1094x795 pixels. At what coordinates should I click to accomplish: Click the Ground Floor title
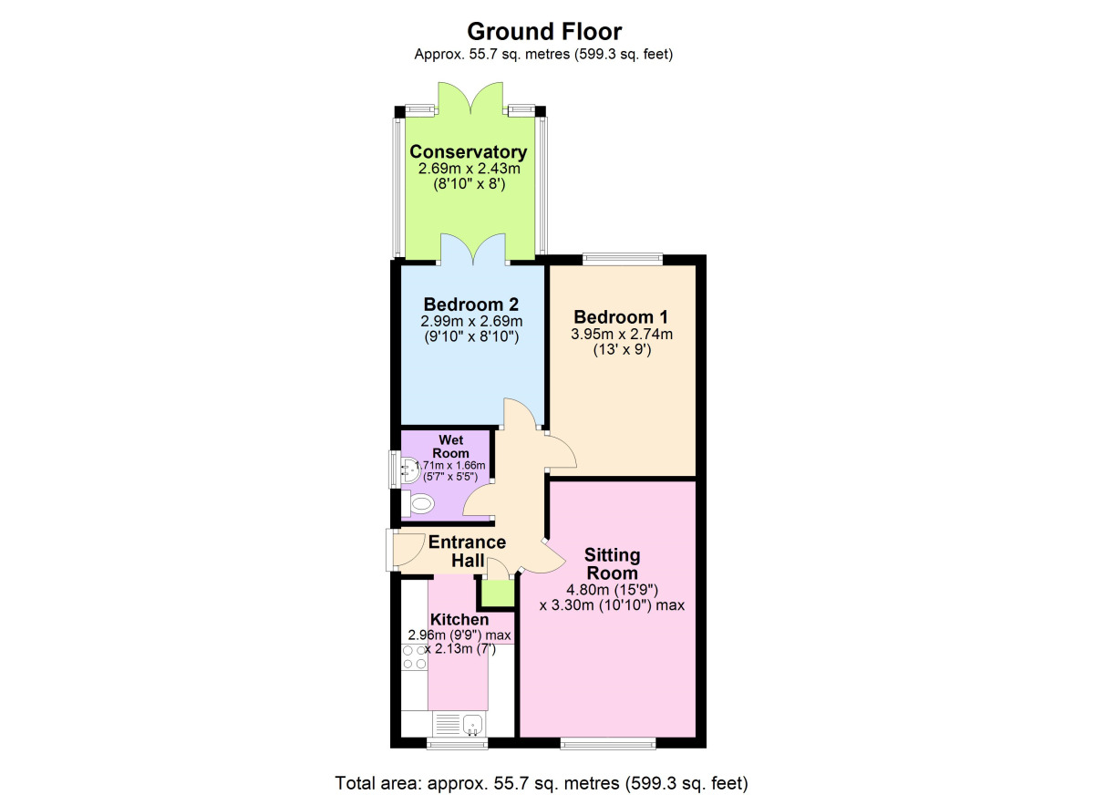pos(544,32)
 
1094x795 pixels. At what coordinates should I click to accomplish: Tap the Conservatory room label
pos(468,151)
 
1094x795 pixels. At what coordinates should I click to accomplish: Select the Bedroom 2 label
pos(471,304)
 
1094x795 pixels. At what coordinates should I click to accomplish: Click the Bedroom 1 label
pos(621,316)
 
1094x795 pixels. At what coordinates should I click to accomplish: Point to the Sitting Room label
pos(612,563)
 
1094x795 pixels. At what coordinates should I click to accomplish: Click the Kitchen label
pos(460,620)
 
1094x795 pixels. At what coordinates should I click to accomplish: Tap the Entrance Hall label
pos(467,552)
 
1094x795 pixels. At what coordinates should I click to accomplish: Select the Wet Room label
pos(451,447)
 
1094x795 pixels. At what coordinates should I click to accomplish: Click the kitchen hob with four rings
pos(415,657)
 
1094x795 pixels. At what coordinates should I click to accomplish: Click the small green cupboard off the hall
pos(497,593)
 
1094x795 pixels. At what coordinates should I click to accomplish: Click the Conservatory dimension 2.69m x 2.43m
pos(469,169)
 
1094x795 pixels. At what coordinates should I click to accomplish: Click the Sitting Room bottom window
pos(608,743)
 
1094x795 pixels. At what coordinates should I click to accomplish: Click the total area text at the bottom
pos(542,782)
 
